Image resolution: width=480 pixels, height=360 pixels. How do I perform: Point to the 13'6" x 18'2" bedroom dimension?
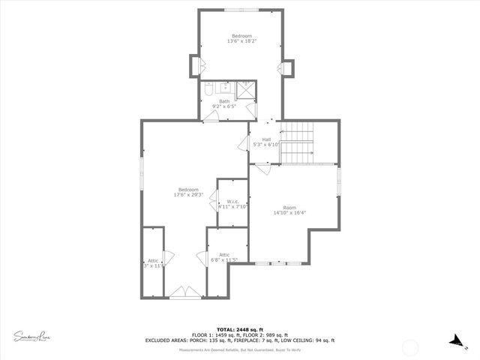[x=241, y=42]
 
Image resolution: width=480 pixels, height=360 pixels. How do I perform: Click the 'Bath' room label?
[x=224, y=101]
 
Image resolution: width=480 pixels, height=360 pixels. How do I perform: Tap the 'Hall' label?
[x=266, y=139]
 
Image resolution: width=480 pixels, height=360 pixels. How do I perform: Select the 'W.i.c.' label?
[x=232, y=200]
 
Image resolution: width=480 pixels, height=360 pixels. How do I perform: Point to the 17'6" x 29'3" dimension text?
[x=188, y=195]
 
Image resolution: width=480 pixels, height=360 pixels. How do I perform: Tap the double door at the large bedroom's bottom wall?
[x=181, y=293]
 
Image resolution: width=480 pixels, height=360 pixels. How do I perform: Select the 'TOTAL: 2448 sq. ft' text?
[x=239, y=329]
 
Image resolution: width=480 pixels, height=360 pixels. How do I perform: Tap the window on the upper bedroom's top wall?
[x=241, y=10]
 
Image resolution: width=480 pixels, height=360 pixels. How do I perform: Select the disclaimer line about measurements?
[x=240, y=350]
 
